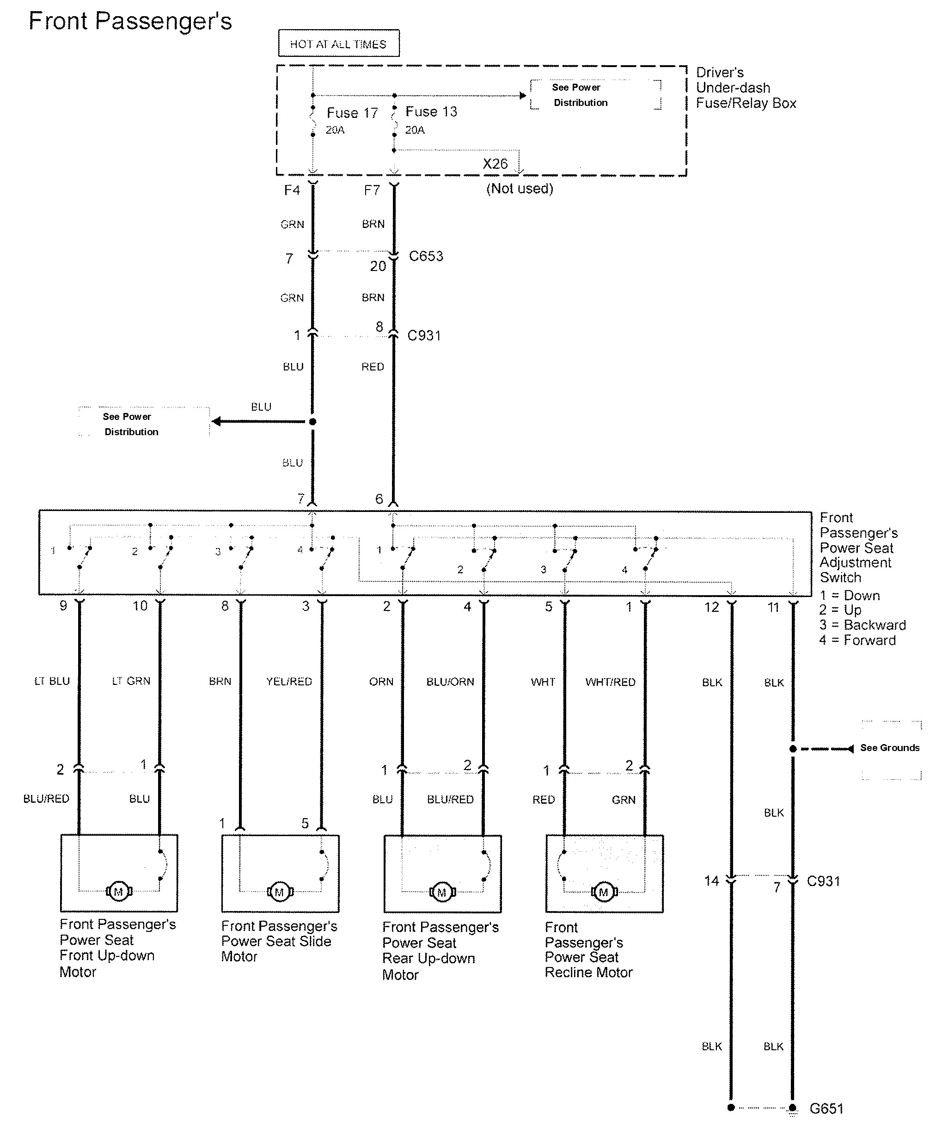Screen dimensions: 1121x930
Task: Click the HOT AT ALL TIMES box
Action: tap(338, 43)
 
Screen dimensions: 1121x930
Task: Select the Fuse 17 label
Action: tap(352, 113)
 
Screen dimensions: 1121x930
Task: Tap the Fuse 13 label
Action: tap(431, 111)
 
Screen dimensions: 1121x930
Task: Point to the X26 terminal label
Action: tap(495, 163)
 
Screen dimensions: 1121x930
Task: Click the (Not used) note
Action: tap(519, 188)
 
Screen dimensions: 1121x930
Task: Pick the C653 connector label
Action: tap(426, 256)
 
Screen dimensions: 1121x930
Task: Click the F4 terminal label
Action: tap(292, 190)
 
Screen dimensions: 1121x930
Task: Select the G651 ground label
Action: tap(826, 1108)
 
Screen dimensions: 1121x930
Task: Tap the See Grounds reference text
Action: tap(889, 747)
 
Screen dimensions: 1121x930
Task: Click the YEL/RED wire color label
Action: tap(288, 681)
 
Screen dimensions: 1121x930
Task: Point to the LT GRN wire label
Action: tap(131, 681)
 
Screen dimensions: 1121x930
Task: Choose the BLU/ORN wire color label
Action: tap(450, 682)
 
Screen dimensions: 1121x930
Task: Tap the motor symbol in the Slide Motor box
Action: tap(279, 892)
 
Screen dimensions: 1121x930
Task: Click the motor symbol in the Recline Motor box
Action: tap(604, 892)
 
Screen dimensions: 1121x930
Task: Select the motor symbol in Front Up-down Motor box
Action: tap(118, 891)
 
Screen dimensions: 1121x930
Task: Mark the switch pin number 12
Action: tap(711, 607)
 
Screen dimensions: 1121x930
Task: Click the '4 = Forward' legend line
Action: tap(857, 640)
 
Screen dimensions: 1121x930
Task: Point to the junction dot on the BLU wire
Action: tap(312, 422)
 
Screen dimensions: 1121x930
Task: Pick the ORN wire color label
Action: tap(381, 682)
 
